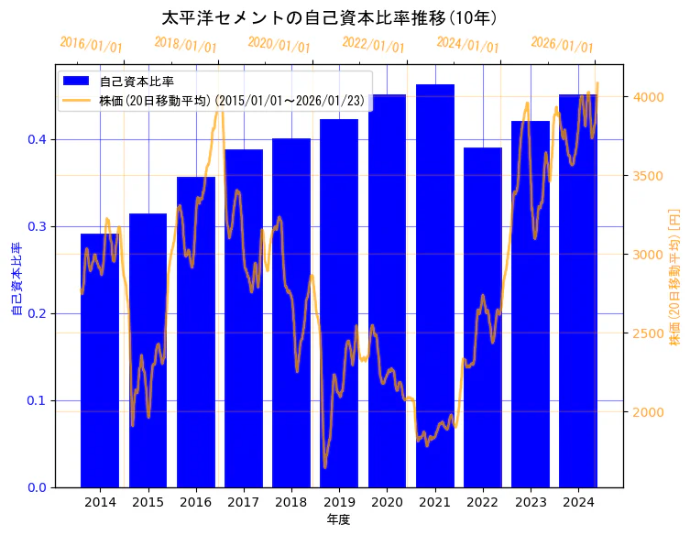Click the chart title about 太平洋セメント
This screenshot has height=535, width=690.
coord(329,17)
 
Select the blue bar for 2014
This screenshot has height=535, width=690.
coord(100,366)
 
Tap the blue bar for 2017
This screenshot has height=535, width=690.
coord(244,321)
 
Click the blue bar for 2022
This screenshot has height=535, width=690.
coord(483,321)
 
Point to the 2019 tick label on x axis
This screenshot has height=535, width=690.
coord(339,502)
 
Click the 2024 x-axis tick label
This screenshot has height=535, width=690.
coord(578,502)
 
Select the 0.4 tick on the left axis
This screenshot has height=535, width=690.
coord(37,139)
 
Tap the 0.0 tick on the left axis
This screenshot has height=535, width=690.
coord(37,487)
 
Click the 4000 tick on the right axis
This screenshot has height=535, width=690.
coord(648,97)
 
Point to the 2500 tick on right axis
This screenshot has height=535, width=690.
coord(648,333)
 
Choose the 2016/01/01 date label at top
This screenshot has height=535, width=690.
coord(91,45)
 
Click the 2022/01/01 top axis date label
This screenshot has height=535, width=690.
coord(373,45)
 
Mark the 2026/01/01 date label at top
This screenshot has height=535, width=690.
coord(562,45)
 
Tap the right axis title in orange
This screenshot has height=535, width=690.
coord(675,276)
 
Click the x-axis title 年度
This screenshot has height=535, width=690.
coord(339,519)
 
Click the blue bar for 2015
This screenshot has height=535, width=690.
coord(148,366)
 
